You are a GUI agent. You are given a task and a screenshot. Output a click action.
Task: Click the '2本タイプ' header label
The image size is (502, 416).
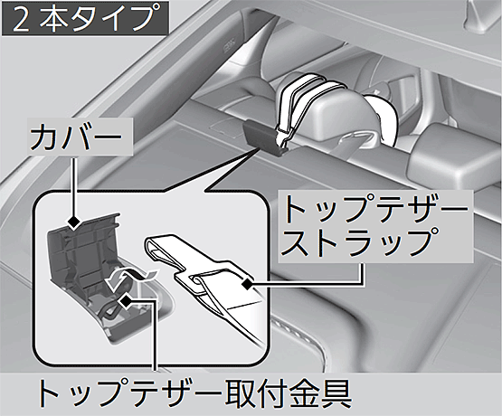tap(85, 18)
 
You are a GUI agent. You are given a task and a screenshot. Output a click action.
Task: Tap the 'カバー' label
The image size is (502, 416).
tap(76, 137)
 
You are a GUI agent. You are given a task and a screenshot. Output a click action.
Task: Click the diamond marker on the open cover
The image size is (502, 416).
tap(74, 222)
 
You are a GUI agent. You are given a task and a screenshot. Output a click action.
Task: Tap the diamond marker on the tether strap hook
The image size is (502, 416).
tap(247, 283)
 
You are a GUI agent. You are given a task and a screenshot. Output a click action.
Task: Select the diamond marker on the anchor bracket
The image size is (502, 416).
tap(126, 300)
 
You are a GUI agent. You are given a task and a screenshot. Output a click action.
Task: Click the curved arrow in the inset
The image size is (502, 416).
tap(128, 276)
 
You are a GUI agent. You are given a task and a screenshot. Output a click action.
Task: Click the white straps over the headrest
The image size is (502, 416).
tap(308, 96)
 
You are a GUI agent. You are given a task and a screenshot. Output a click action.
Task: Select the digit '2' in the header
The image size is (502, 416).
tap(20, 19)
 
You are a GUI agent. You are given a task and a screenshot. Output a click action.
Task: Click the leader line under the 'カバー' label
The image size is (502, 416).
tap(74, 186)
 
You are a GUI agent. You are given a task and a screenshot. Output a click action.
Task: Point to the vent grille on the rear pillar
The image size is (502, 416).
tap(229, 44)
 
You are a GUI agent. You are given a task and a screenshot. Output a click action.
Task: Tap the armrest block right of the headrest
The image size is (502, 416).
tap(455, 153)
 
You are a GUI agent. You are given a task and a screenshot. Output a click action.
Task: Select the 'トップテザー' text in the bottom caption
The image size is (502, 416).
tap(128, 392)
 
